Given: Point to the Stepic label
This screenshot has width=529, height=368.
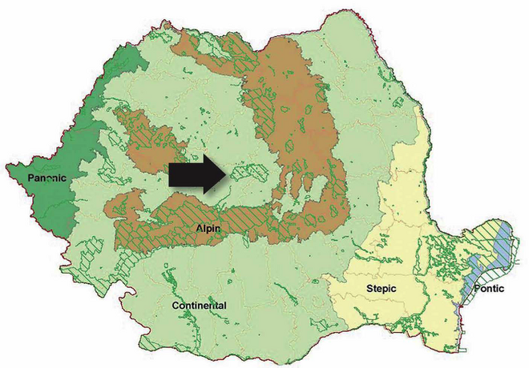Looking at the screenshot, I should (382, 287).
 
